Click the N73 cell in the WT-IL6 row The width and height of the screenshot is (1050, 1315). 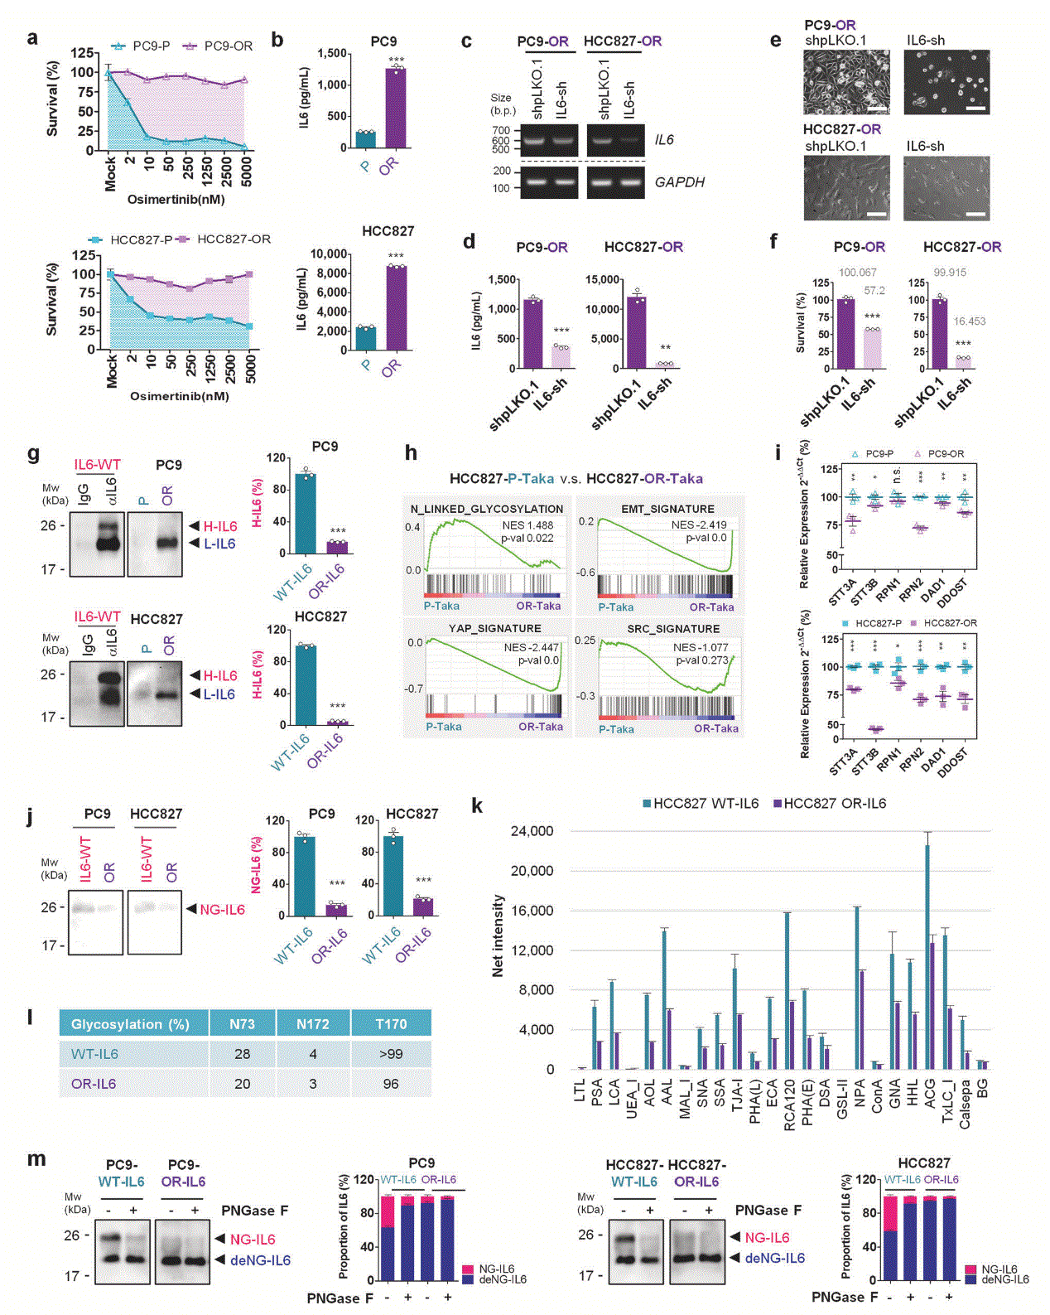[242, 1053]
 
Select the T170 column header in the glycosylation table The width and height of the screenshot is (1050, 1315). [391, 1024]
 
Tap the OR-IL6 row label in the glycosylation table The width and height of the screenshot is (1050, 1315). [94, 1083]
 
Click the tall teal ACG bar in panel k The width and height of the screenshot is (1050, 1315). [927, 953]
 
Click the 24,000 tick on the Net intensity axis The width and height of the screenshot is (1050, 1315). [532, 831]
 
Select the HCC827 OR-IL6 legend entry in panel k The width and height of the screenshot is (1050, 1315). [830, 803]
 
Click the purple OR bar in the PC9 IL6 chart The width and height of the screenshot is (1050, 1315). [396, 108]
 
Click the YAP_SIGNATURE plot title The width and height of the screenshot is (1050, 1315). [494, 628]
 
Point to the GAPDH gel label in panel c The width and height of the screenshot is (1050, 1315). [679, 182]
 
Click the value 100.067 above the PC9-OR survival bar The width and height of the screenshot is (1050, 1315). [857, 273]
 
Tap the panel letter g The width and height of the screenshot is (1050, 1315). [33, 453]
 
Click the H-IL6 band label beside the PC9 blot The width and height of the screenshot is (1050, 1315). [219, 526]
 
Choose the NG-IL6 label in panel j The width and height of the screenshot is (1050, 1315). [222, 909]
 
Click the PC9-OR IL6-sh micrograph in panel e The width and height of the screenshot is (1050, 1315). [946, 82]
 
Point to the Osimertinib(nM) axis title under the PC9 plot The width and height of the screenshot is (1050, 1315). [176, 200]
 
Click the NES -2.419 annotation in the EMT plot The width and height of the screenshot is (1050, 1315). [699, 525]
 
